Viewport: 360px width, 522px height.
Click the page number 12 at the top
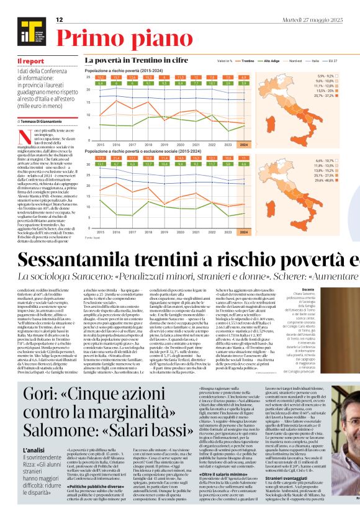[x=60, y=20]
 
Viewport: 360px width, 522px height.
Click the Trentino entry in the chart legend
[x=247, y=61]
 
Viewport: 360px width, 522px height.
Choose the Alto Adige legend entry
[x=271, y=61]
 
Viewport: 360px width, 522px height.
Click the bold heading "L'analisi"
[x=32, y=449]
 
